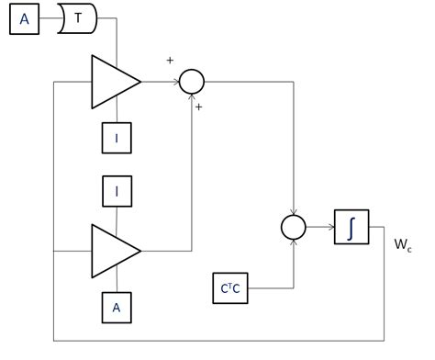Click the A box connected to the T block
tap(25, 19)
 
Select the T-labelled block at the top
tap(77, 19)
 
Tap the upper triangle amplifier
tap(112, 82)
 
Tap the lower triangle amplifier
tap(112, 250)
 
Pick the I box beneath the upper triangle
tap(117, 137)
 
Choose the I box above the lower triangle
tap(117, 192)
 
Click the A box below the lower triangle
tap(117, 308)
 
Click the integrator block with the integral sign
tap(350, 227)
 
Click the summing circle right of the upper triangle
tap(191, 82)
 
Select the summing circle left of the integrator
tap(293, 227)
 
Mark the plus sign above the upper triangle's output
tap(169, 60)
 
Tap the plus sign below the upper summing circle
tap(198, 107)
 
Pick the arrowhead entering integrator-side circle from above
tap(293, 210)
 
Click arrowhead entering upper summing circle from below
tap(191, 98)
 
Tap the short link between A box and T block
tap(49, 19)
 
